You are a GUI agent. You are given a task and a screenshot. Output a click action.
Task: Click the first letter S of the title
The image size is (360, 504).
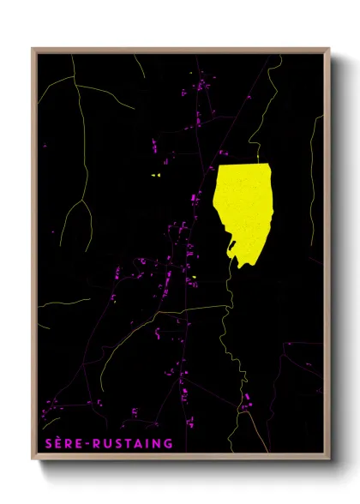click(49, 443)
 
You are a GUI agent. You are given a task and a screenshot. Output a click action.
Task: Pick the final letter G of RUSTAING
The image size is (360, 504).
click(168, 443)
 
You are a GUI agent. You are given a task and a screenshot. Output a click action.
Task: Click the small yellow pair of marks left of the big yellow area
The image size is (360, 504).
click(155, 175)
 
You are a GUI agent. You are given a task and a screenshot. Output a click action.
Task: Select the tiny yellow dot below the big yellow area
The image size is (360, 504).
click(195, 277)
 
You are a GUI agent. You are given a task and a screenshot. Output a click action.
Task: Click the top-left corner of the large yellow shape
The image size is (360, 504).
click(218, 167)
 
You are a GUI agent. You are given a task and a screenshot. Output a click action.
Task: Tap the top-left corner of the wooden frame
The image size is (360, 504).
click(33, 50)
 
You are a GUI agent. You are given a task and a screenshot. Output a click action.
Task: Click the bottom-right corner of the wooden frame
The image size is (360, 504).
click(328, 459)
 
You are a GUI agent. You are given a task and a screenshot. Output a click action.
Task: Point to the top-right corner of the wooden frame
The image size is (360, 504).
click(328, 50)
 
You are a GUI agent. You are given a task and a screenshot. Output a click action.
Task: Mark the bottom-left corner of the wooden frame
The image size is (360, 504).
click(33, 459)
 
